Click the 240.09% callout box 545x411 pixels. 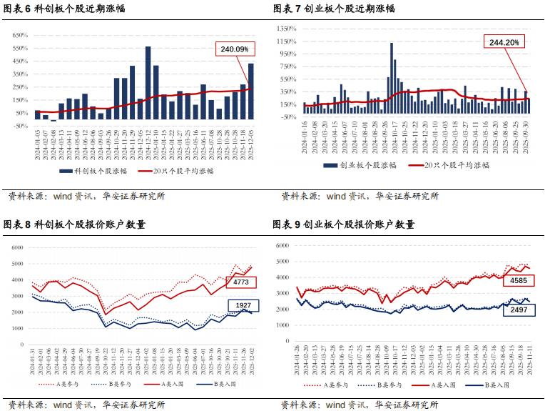click(x=235, y=49)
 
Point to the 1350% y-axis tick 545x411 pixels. click(x=286, y=28)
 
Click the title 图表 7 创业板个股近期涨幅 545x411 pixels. click(x=335, y=9)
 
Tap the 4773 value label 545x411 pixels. click(x=240, y=283)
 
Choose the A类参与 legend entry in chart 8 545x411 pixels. click(x=58, y=385)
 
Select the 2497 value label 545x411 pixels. click(x=518, y=310)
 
